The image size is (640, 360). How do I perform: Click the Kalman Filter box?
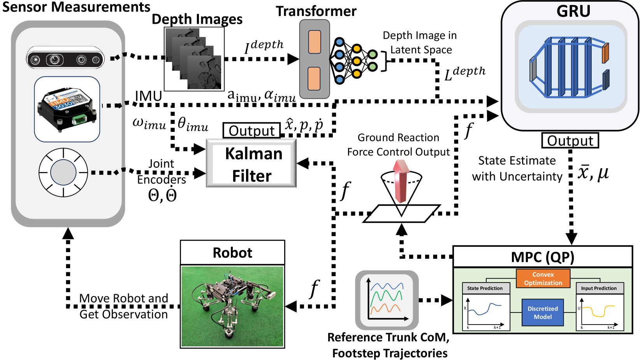(x=251, y=164)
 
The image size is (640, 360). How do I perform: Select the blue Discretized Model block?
(x=543, y=312)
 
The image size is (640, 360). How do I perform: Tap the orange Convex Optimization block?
(x=543, y=279)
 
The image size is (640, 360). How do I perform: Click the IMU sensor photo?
(x=67, y=109)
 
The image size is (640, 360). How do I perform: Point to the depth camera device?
(x=65, y=60)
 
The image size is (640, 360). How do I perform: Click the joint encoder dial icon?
(x=63, y=172)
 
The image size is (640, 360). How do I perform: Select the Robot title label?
(x=232, y=253)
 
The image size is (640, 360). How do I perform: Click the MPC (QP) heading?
(x=543, y=257)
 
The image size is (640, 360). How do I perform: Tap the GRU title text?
(x=573, y=11)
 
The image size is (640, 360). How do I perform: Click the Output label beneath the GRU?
(x=570, y=140)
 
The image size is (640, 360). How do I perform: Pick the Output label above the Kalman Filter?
(x=251, y=131)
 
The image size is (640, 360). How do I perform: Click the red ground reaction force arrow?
(x=401, y=181)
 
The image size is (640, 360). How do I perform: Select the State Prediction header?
(x=485, y=288)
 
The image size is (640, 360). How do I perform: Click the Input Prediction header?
(x=599, y=288)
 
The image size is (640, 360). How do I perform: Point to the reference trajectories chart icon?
(x=387, y=300)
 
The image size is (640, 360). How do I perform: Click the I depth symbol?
(x=264, y=47)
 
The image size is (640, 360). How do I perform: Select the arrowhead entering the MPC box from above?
(x=571, y=237)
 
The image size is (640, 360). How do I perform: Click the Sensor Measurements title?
(x=76, y=7)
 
